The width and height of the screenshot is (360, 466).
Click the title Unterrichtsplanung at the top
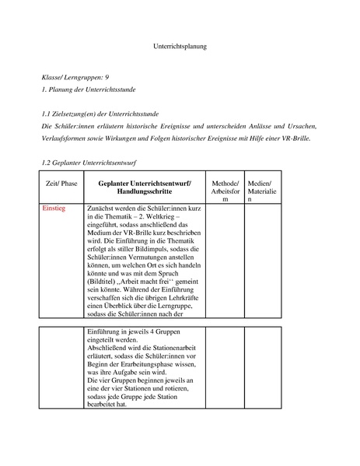point(179,47)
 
